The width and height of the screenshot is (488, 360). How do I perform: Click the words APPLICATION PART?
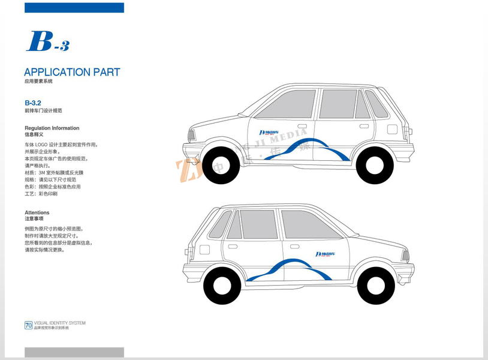click(72, 72)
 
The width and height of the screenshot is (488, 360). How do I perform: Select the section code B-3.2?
click(33, 103)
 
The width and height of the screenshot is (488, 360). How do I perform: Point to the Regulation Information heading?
click(52, 128)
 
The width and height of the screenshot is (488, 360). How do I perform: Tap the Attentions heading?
click(37, 212)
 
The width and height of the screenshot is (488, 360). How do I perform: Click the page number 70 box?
click(28, 325)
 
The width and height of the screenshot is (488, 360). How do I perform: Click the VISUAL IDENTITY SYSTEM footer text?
click(60, 323)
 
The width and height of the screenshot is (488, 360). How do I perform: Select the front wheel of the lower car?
click(376, 286)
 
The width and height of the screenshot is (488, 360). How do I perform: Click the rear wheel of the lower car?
click(222, 286)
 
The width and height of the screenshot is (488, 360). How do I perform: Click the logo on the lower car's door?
click(325, 254)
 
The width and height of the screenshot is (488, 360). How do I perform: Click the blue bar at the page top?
click(74, 7)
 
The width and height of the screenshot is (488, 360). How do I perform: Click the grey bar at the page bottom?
click(74, 352)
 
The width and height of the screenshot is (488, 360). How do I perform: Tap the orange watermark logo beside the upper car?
click(187, 171)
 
